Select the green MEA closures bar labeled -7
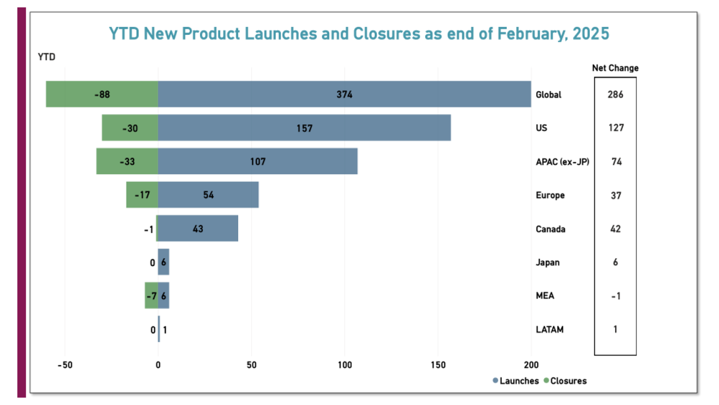151,296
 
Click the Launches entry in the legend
516,381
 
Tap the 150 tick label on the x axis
438,364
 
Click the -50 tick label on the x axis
65,364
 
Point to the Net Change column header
615,68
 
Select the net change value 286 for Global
615,94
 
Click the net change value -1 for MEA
615,296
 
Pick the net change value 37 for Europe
615,195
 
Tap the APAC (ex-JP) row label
562,162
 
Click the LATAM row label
549,330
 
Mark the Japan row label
548,263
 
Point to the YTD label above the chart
47,57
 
